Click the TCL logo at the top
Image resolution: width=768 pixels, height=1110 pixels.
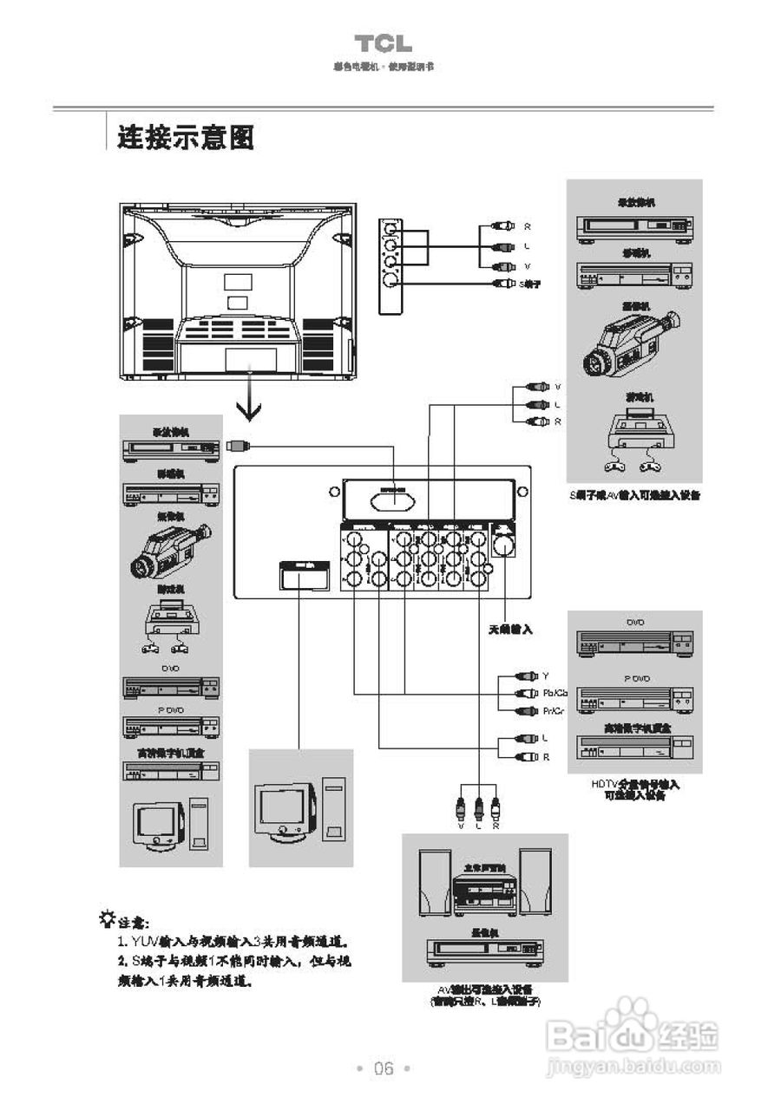click(x=383, y=44)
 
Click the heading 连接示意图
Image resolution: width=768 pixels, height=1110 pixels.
click(x=186, y=136)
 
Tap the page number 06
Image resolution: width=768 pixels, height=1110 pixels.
click(x=383, y=1068)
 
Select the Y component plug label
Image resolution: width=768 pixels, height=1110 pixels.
click(x=546, y=676)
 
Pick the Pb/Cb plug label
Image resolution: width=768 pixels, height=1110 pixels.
click(x=555, y=693)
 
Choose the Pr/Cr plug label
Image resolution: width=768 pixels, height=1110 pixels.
click(x=553, y=711)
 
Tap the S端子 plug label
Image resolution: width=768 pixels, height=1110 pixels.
click(x=529, y=284)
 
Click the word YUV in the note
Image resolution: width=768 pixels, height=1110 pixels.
click(x=143, y=941)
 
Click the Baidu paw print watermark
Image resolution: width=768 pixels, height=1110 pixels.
click(x=630, y=1019)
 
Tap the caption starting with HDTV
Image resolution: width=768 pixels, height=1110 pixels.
click(x=634, y=789)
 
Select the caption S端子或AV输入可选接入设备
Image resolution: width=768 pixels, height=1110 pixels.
click(x=633, y=495)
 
